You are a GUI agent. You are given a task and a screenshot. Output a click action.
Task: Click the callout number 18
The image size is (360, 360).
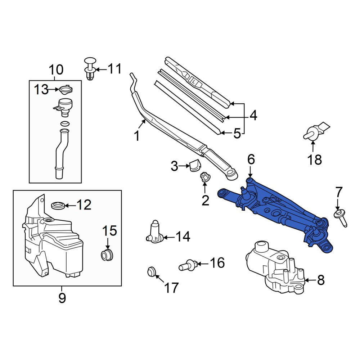tap(315, 159)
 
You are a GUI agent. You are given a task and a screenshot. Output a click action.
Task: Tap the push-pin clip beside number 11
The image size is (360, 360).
tap(90, 68)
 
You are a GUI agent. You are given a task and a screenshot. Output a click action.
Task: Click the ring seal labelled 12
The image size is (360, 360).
tap(58, 205)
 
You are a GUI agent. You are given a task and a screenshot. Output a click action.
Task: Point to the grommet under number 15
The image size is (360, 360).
tap(107, 255)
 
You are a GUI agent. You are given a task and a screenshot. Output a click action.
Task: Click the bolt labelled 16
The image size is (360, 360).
tap(188, 265)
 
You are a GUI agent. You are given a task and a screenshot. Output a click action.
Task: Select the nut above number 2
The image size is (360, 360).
tap(204, 177)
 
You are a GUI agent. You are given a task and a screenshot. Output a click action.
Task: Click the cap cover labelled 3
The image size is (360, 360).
tap(195, 165)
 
